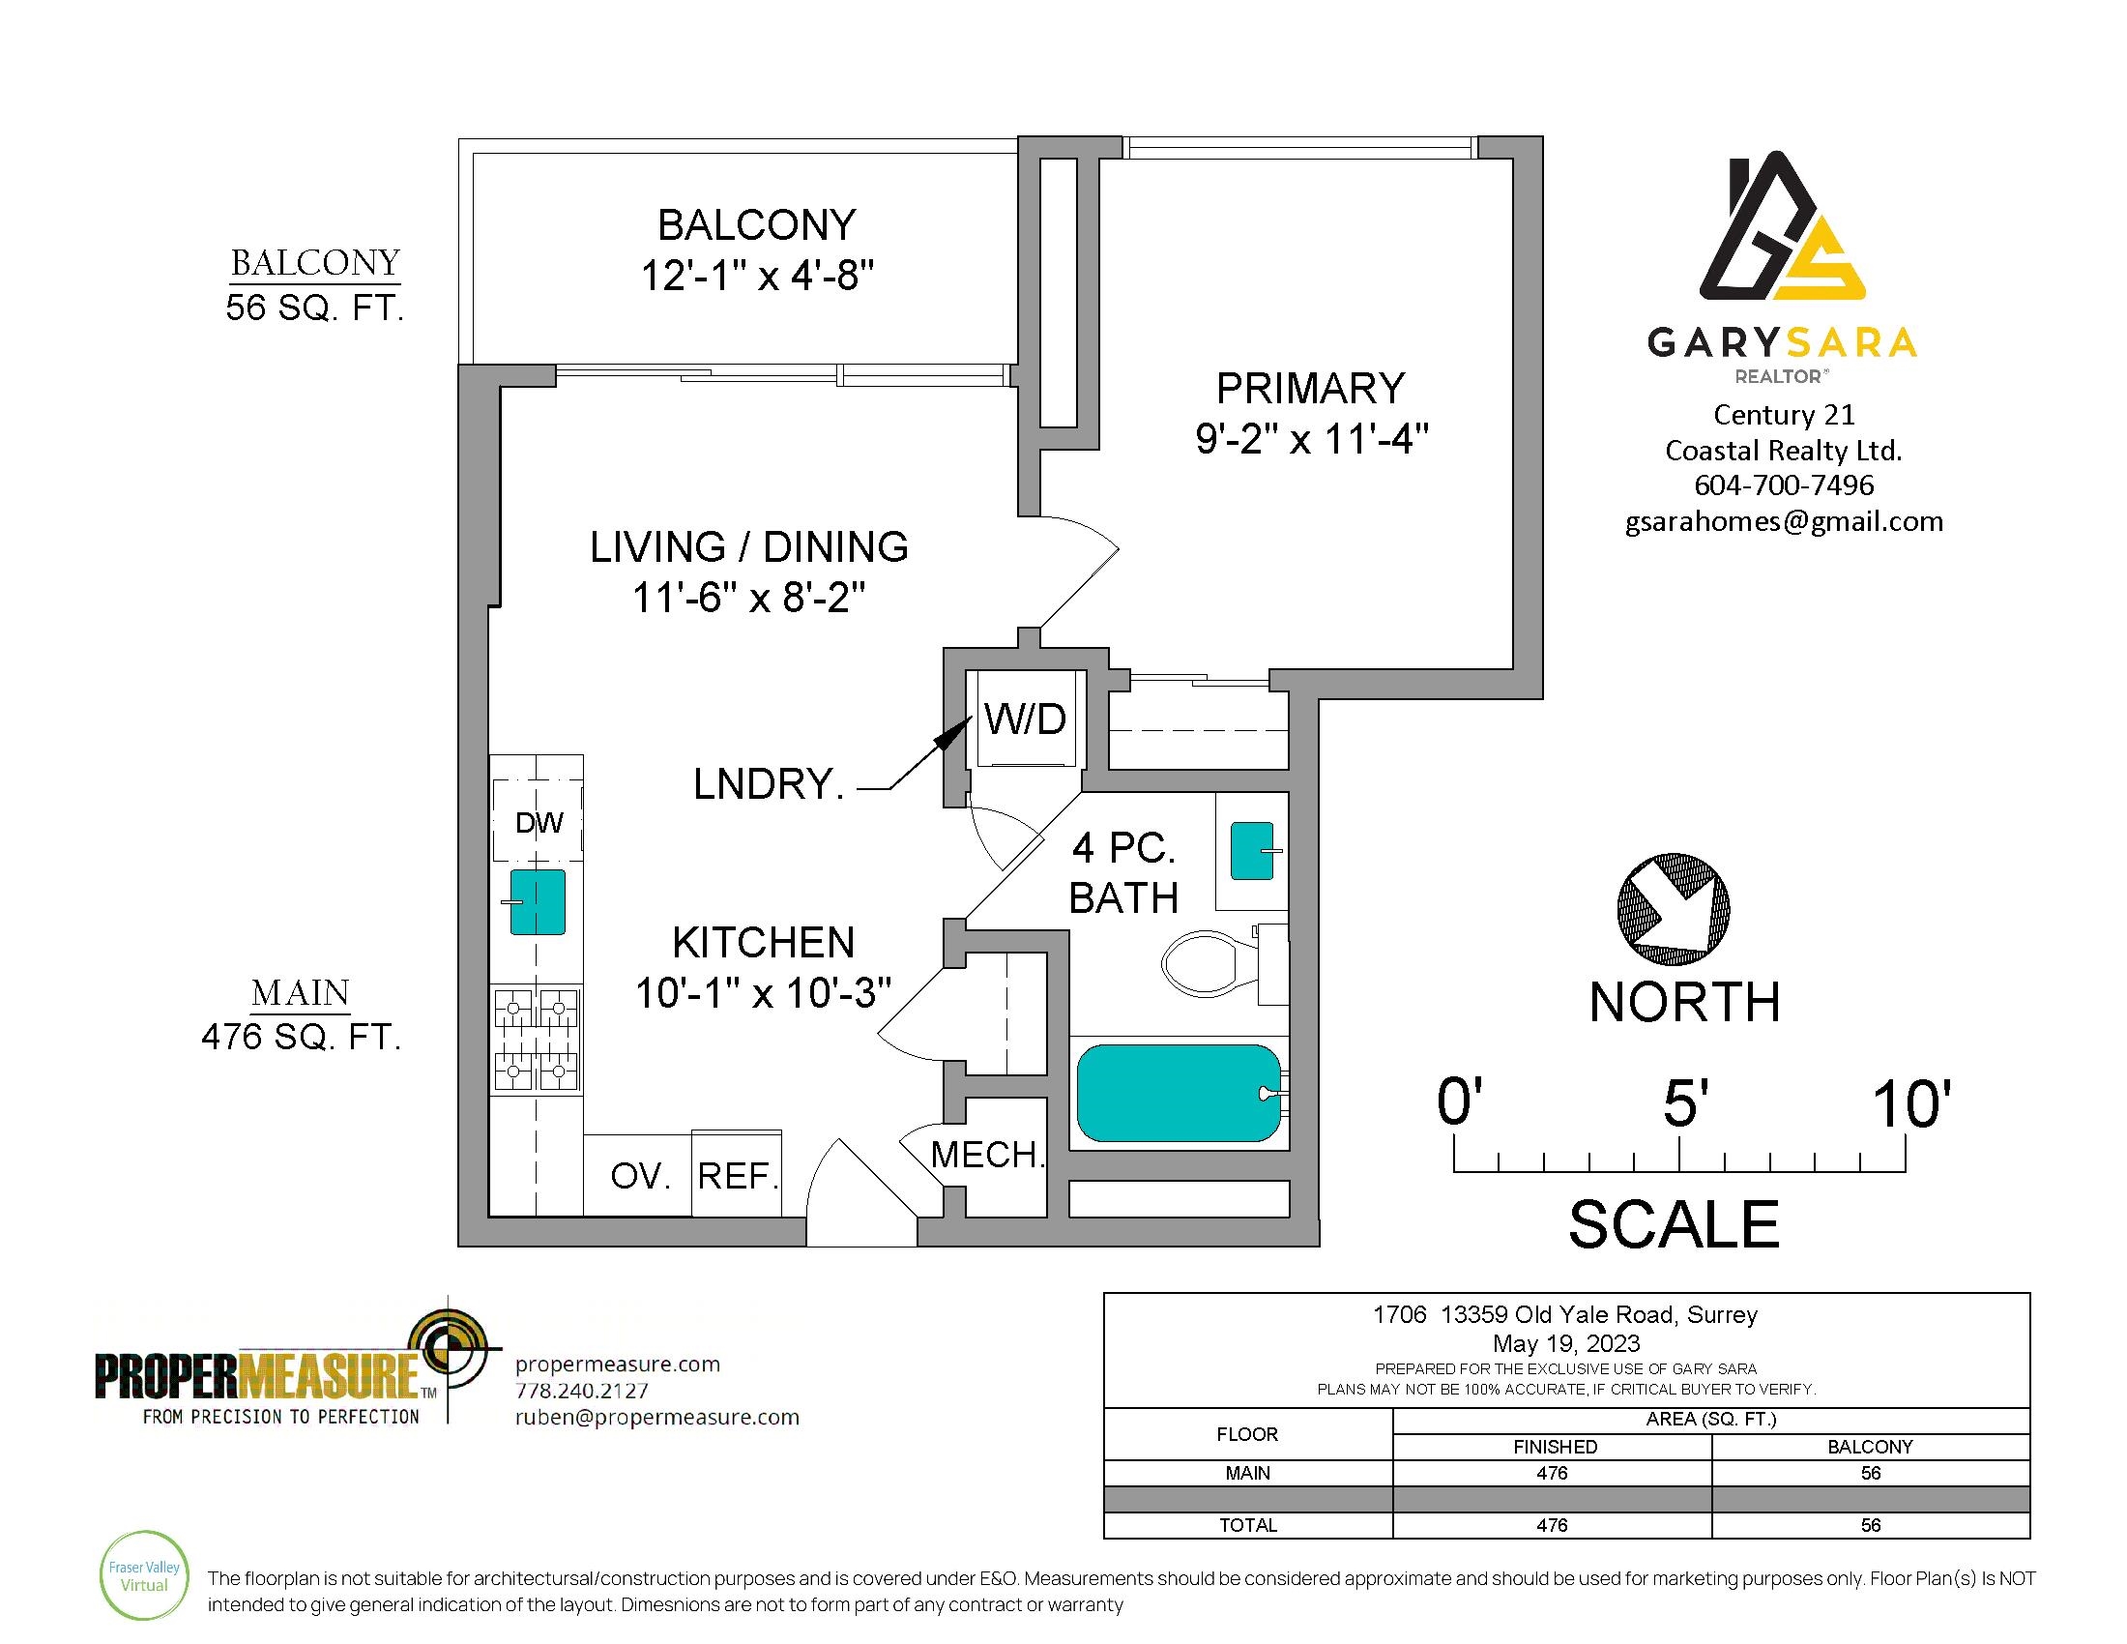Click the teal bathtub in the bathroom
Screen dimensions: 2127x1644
[x=1179, y=1092]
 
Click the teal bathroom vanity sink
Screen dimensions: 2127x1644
[x=1253, y=850]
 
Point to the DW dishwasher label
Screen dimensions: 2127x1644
[x=539, y=823]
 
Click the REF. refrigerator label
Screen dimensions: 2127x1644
[x=739, y=1177]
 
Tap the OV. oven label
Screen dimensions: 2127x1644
[x=641, y=1177]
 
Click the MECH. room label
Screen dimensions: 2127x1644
[x=987, y=1155]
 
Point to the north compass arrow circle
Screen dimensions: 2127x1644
[x=1674, y=909]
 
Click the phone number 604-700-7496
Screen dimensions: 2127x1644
[x=1784, y=485]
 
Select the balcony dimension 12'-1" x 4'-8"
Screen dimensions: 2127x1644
[x=757, y=277]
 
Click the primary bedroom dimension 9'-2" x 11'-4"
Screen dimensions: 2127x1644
[x=1311, y=439]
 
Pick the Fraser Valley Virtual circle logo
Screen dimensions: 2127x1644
[x=144, y=1577]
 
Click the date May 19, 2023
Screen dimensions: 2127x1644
[x=1566, y=1344]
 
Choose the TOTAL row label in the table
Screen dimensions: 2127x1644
[x=1247, y=1525]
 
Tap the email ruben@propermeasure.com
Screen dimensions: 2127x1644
[x=657, y=1417]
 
